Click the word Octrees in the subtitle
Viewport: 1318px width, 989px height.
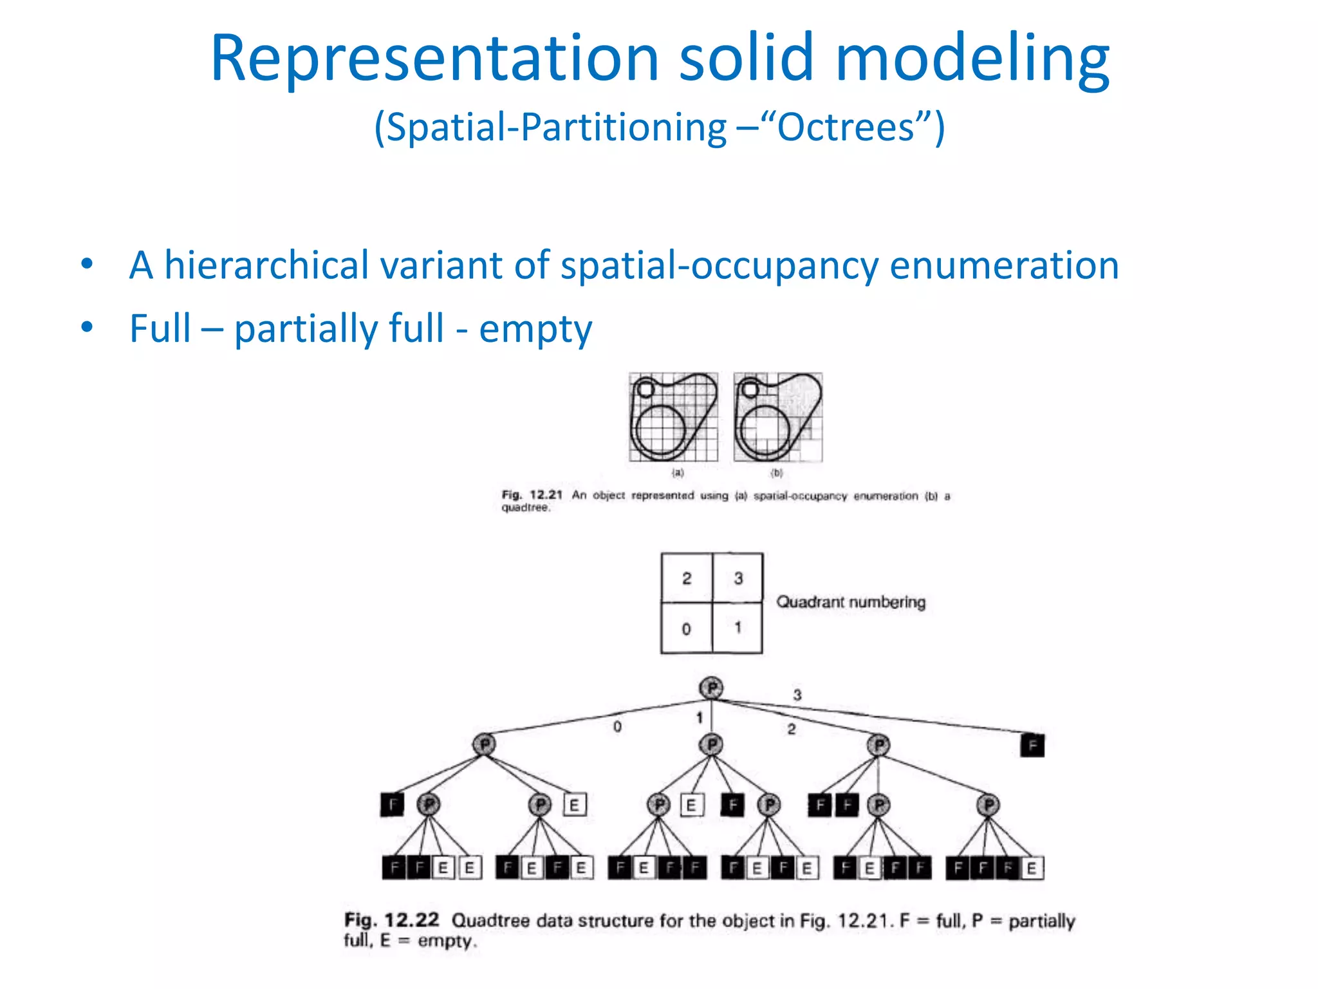[x=845, y=127]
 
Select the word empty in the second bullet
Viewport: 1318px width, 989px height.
[x=535, y=329]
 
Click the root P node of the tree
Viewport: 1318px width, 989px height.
[x=711, y=688]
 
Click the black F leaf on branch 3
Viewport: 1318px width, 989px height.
[x=1032, y=746]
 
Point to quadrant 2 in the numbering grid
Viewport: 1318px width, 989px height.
[x=687, y=578]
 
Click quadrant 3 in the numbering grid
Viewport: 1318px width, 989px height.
[x=738, y=578]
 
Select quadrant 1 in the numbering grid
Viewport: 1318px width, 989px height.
[x=738, y=627]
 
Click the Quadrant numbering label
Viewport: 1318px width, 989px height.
[x=850, y=603]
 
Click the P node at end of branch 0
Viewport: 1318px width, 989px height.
[x=485, y=744]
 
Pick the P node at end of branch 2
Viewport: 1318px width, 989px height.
[x=878, y=746]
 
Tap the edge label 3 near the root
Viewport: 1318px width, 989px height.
[x=797, y=695]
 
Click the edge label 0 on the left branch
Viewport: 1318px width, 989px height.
[x=617, y=727]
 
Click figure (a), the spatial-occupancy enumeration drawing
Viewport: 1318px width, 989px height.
[x=673, y=417]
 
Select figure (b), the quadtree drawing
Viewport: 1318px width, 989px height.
[x=777, y=417]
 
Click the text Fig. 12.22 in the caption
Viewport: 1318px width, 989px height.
[x=391, y=920]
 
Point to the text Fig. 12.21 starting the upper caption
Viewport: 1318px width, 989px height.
[x=532, y=495]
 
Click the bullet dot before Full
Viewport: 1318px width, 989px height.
[x=87, y=328]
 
